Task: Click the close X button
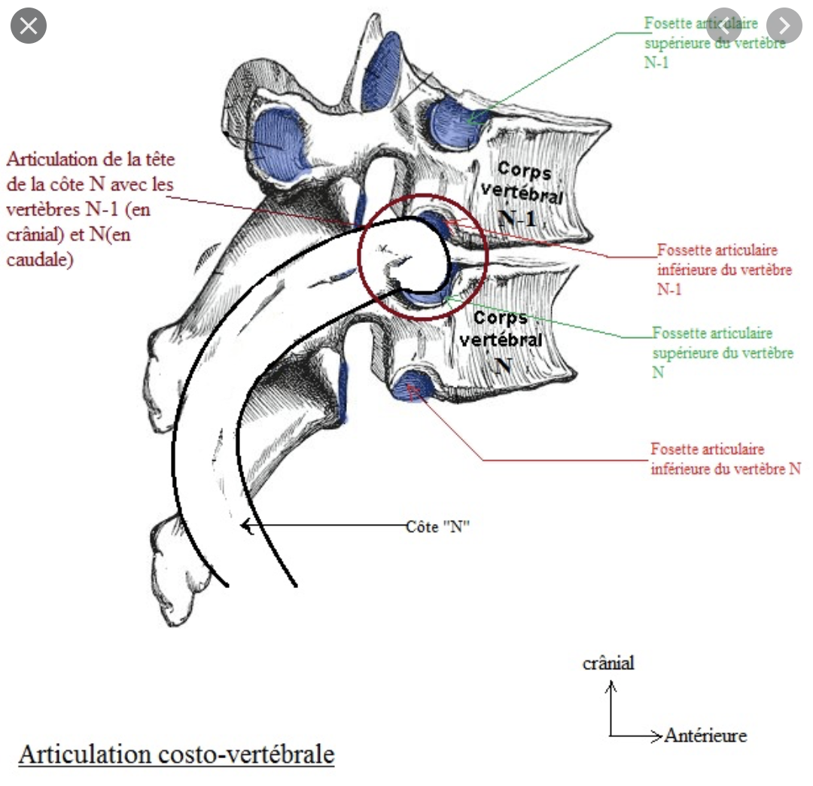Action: pos(29,27)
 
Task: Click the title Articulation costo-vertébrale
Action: pos(176,754)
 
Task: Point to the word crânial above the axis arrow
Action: pos(608,663)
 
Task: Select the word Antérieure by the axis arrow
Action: pos(705,736)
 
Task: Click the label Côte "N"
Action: pos(438,527)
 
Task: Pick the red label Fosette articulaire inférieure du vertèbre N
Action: pos(725,458)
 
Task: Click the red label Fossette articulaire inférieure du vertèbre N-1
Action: pos(723,269)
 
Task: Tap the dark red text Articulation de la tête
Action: pos(94,159)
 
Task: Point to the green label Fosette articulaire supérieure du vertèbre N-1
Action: pos(714,43)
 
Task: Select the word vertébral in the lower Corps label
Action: pos(501,340)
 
